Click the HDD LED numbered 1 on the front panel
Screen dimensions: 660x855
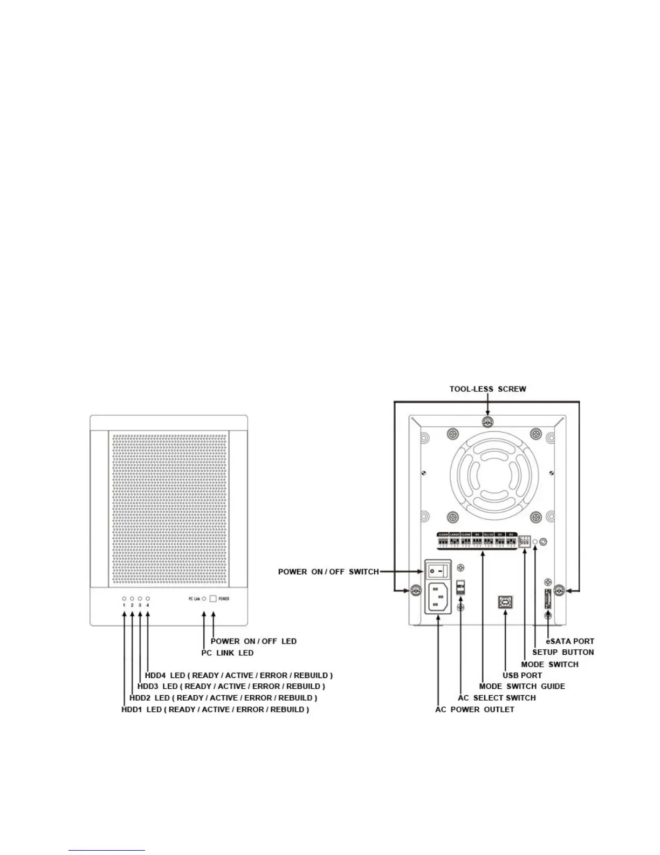(x=124, y=599)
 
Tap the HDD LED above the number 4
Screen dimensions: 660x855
(x=147, y=599)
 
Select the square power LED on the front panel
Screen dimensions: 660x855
(x=214, y=599)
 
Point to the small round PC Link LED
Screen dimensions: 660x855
(x=204, y=599)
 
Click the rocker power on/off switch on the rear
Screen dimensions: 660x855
(x=439, y=570)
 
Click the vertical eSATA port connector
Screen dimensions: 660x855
(x=548, y=600)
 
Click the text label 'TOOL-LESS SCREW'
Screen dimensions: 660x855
(x=487, y=389)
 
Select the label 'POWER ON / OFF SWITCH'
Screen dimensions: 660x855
(x=328, y=572)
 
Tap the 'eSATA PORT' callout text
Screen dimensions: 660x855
(x=570, y=641)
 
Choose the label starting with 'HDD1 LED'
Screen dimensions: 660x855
(x=215, y=709)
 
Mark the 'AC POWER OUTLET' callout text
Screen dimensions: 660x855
(x=475, y=709)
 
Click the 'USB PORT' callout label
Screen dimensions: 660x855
(x=522, y=675)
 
